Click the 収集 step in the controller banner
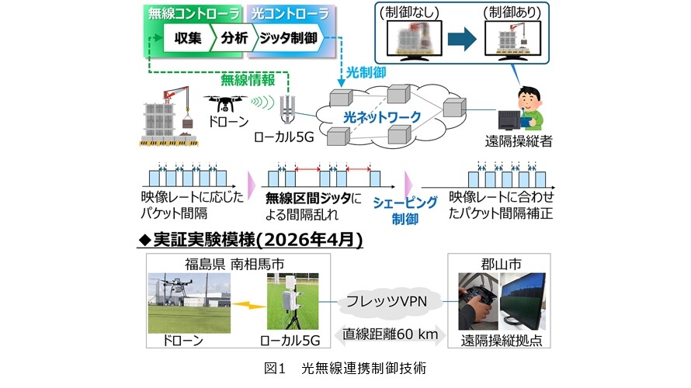click(x=188, y=38)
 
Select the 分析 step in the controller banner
click(x=234, y=38)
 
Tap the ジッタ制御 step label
click(x=288, y=38)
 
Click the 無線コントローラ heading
click(x=194, y=14)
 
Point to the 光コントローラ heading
click(x=290, y=14)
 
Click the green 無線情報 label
click(x=248, y=80)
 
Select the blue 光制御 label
click(x=366, y=72)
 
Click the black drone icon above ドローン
click(x=225, y=103)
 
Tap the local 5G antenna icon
click(x=287, y=109)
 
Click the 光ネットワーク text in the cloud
click(x=382, y=117)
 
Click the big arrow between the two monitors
click(x=462, y=40)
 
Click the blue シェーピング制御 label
click(x=405, y=210)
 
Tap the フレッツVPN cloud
click(x=387, y=302)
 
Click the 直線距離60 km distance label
click(x=391, y=334)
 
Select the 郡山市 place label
click(x=501, y=265)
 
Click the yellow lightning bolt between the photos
click(x=249, y=304)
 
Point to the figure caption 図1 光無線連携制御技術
click(x=345, y=368)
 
